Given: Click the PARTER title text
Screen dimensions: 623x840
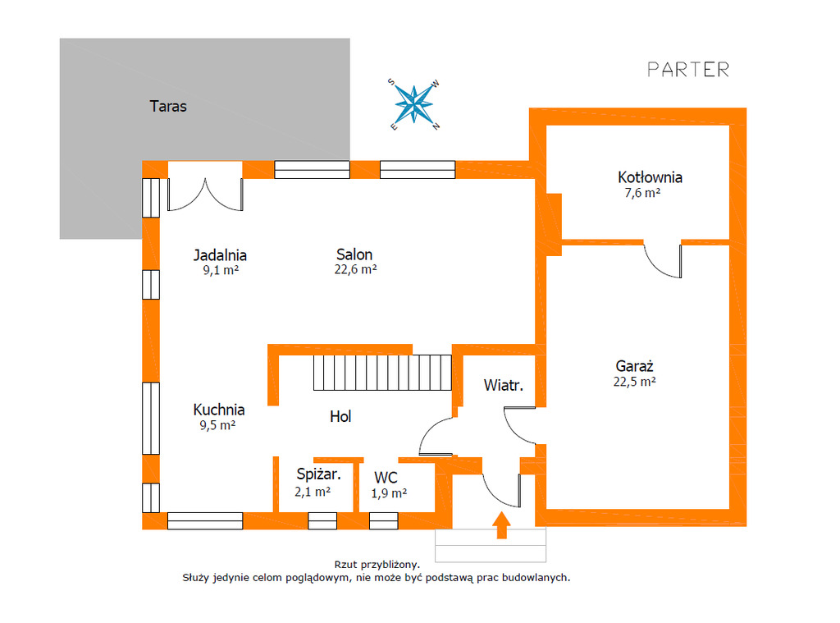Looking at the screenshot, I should (687, 70).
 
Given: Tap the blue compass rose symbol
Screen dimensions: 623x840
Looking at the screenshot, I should (415, 104).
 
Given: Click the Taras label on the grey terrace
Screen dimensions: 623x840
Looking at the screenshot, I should (168, 107).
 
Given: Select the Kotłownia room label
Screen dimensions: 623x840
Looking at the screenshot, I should (650, 177).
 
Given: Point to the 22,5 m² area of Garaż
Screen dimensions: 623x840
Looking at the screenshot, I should (635, 382).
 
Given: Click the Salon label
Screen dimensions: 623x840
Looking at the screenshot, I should (354, 254).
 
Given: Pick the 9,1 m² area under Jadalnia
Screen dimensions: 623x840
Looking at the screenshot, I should (220, 269).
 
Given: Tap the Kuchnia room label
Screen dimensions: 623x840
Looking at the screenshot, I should (219, 410).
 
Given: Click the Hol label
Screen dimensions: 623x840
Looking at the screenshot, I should (340, 417).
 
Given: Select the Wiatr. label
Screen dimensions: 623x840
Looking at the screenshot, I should (504, 385).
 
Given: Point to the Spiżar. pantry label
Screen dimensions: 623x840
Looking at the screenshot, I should (317, 474).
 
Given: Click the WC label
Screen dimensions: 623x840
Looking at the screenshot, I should (386, 478).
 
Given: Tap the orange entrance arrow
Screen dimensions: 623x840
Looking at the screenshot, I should (501, 525).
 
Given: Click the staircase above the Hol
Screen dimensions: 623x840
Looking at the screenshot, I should (382, 373).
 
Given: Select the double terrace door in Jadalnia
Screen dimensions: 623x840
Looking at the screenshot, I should (205, 193).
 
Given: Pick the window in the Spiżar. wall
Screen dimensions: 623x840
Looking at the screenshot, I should (322, 520).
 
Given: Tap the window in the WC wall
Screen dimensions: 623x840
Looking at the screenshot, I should (383, 520).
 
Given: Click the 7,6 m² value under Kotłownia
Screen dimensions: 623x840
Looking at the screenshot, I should (642, 194).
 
